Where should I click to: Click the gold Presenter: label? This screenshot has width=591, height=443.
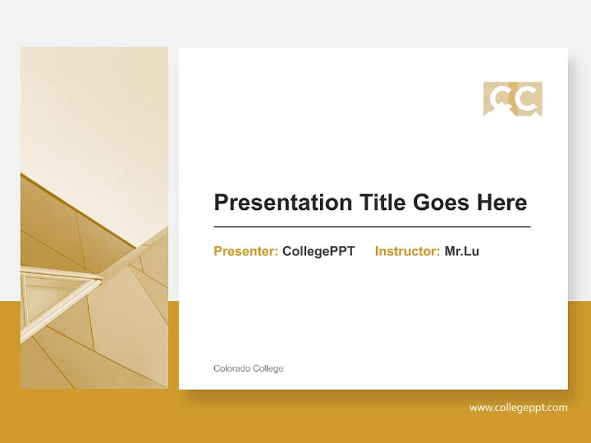pos(246,251)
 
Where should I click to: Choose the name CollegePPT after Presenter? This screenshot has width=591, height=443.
pos(318,251)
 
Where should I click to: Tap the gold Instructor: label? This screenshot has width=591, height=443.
pos(407,251)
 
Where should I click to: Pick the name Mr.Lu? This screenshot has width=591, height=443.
pos(462,251)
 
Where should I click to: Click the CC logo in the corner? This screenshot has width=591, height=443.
pos(513,98)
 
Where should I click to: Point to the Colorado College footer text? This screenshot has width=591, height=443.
pos(248,369)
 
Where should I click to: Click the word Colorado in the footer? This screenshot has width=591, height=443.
pos(231,369)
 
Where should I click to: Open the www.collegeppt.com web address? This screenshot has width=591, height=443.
pos(518,407)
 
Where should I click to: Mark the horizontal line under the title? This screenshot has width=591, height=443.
pos(372,227)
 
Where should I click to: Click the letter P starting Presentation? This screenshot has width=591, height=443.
pos(220,202)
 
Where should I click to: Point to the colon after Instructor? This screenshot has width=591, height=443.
pos(438,252)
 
